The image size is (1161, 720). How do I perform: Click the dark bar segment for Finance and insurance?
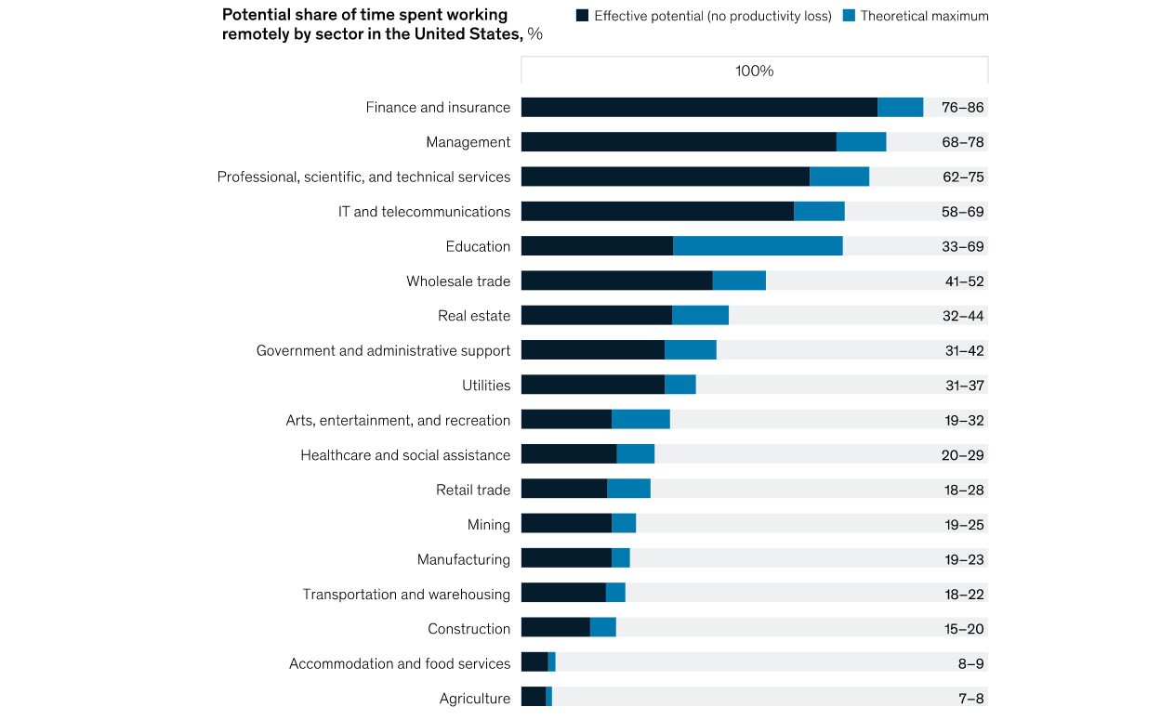699,108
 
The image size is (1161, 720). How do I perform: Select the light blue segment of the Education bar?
758,246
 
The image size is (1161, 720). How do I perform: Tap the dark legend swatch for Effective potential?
583,16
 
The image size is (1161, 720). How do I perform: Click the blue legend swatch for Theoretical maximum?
849,16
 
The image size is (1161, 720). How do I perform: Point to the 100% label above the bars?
754,71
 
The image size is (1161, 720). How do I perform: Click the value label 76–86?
962,108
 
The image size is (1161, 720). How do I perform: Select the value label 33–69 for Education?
962,246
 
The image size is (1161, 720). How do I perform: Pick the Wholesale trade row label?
458,281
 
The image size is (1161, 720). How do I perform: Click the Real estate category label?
474,316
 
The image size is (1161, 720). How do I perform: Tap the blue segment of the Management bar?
861,142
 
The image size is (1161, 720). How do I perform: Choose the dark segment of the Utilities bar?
592,385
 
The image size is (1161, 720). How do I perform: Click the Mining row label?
489,525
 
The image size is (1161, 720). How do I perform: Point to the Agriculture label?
475,699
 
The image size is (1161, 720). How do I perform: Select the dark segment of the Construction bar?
555,628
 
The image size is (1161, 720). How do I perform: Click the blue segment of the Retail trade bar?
628,490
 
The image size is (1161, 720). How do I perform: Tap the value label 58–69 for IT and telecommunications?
962,212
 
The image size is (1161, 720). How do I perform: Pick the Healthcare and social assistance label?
405,455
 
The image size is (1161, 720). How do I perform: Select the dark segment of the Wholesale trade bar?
616,281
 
